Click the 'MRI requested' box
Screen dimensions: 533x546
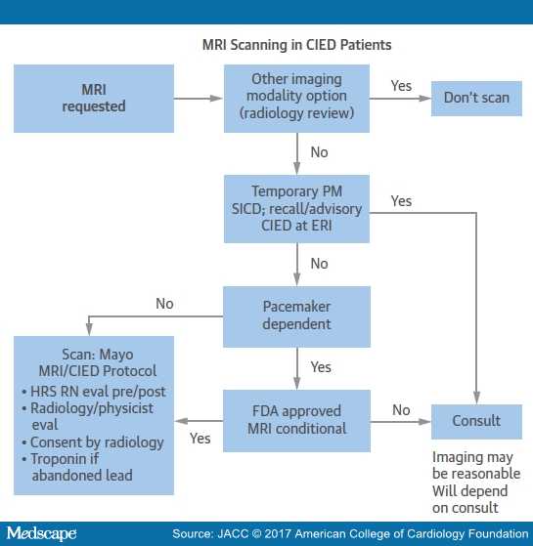tap(94, 99)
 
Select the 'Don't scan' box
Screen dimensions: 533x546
tap(476, 99)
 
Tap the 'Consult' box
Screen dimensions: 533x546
tap(476, 422)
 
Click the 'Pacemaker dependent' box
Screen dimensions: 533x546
tap(296, 316)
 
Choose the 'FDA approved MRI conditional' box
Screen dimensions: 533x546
tap(296, 421)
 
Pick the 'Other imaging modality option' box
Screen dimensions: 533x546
tap(296, 99)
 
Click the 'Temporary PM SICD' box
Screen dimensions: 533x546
tap(296, 209)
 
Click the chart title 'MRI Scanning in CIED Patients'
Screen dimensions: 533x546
tap(296, 45)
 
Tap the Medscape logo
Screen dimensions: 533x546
tap(41, 534)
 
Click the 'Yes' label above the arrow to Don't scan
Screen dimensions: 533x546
tap(401, 86)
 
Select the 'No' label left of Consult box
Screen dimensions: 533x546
tap(401, 410)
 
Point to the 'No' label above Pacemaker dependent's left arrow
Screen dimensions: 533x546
tap(164, 304)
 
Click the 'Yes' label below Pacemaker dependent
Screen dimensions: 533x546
tap(321, 367)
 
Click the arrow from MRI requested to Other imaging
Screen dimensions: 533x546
tap(198, 99)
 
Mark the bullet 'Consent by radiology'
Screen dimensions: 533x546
tap(93, 442)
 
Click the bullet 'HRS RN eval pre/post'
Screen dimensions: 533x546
tap(94, 392)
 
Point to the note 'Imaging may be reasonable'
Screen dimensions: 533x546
tap(476, 465)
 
